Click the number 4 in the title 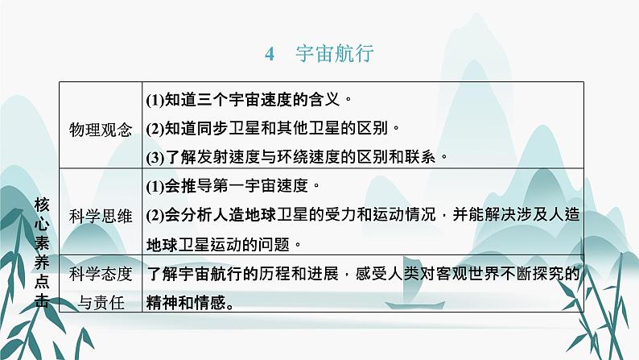pyautogui.click(x=270, y=54)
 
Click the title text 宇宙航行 pyautogui.click(x=335, y=53)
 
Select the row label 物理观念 pyautogui.click(x=101, y=130)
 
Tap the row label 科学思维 pyautogui.click(x=101, y=216)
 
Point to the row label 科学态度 pyautogui.click(x=101, y=274)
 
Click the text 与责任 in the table pyautogui.click(x=101, y=303)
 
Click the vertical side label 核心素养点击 pyautogui.click(x=42, y=252)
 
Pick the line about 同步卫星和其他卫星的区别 pyautogui.click(x=273, y=128)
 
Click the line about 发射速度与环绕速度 pyautogui.click(x=297, y=157)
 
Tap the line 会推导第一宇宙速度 pyautogui.click(x=233, y=186)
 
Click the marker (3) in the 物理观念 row pyautogui.click(x=155, y=157)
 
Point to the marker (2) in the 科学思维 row pyautogui.click(x=155, y=215)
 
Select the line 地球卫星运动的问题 pyautogui.click(x=224, y=245)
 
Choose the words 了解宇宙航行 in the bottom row pyautogui.click(x=194, y=274)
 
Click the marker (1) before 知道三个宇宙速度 pyautogui.click(x=155, y=100)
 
